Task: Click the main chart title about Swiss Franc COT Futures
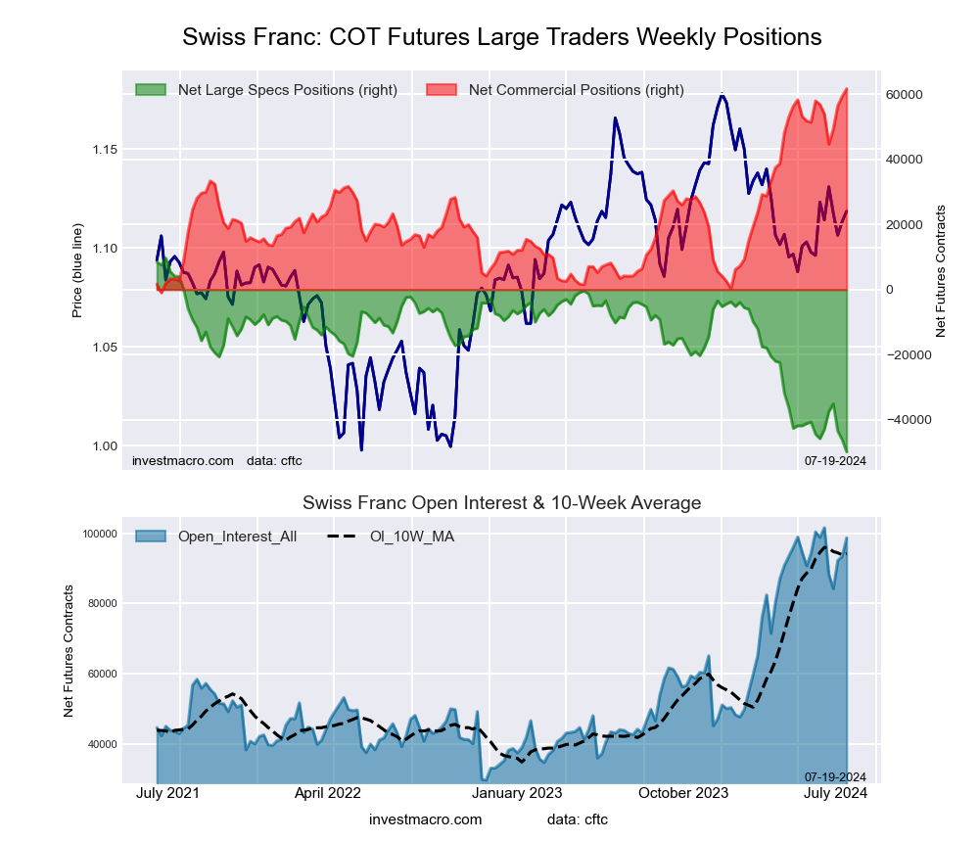click(x=501, y=37)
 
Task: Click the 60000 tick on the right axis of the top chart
click(x=905, y=95)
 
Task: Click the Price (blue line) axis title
click(x=77, y=271)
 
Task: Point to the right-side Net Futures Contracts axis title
click(x=941, y=271)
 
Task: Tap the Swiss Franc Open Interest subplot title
click(x=501, y=503)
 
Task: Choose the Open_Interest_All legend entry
click(x=237, y=536)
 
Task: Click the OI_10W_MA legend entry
click(x=411, y=536)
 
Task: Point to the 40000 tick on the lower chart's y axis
click(x=101, y=744)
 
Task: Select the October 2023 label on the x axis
click(x=683, y=793)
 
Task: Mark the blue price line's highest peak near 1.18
click(x=722, y=95)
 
